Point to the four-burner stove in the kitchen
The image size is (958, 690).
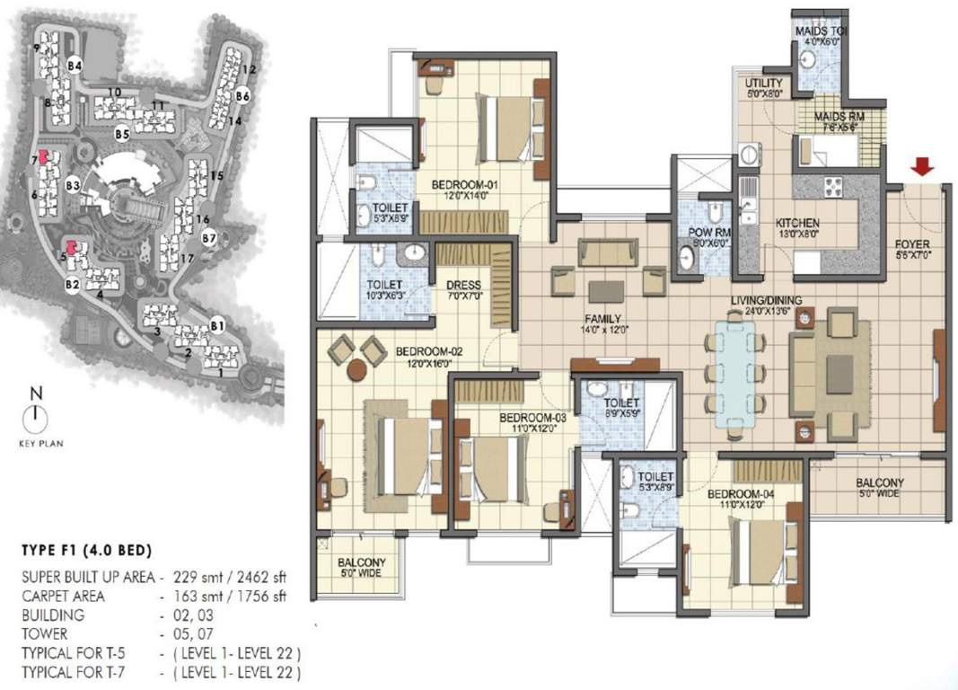[x=831, y=188]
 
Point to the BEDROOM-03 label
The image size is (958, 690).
[x=532, y=418]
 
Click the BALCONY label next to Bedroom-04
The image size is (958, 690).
[x=879, y=482]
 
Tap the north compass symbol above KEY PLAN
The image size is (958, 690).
[x=35, y=414]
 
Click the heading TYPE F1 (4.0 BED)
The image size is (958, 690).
[x=85, y=550]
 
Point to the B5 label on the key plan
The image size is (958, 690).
[x=122, y=133]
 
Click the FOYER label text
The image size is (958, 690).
[x=912, y=244]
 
